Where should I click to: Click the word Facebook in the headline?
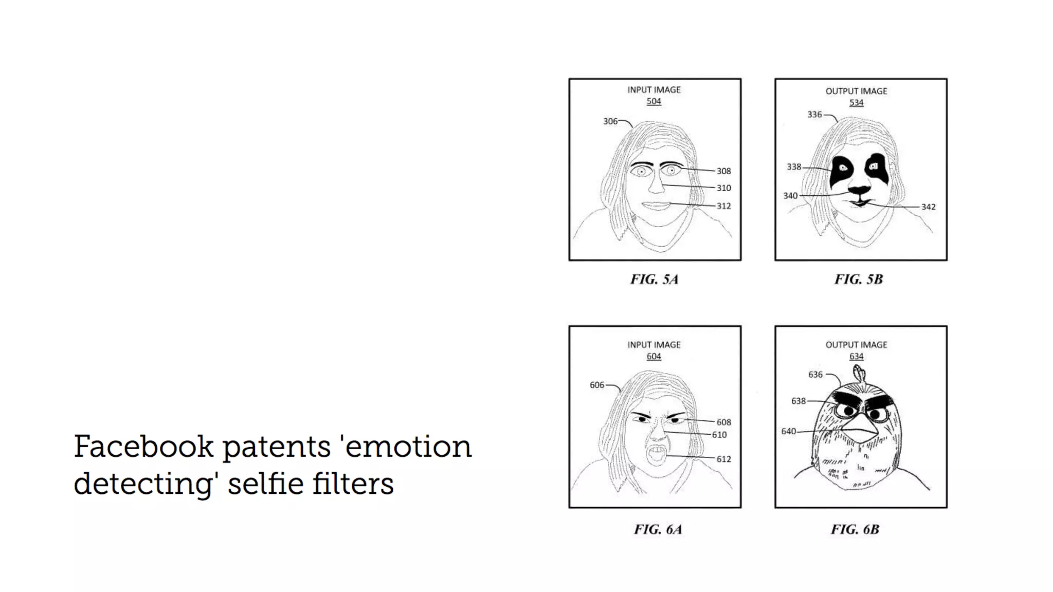pos(143,447)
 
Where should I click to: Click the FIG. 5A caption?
pos(655,280)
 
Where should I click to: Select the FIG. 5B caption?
pos(859,280)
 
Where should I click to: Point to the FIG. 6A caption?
pos(658,529)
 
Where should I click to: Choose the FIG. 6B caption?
pos(855,529)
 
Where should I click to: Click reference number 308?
pos(723,171)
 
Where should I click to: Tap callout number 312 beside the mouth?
pos(723,206)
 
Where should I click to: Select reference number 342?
pos(928,207)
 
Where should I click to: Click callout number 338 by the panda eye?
pos(794,167)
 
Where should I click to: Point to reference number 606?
pos(597,385)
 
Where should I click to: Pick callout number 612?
pos(723,459)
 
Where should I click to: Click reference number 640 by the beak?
pos(788,432)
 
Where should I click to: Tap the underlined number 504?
pos(653,101)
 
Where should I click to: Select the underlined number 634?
pos(856,356)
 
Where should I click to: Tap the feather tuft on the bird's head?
pos(857,374)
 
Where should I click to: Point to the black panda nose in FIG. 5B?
pos(859,191)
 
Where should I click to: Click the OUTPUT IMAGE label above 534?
pos(856,91)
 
